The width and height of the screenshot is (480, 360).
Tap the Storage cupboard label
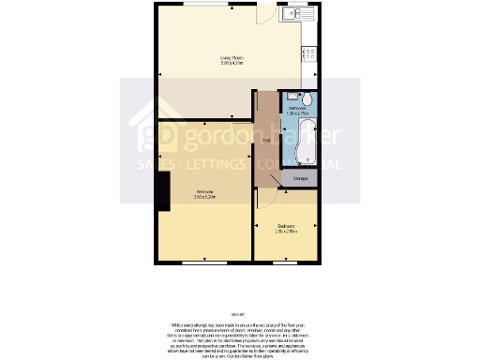(x=300, y=178)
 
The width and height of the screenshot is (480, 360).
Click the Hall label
(x=266, y=142)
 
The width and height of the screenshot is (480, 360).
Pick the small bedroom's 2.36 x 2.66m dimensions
(x=286, y=232)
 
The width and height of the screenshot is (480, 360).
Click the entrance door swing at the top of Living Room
(x=265, y=14)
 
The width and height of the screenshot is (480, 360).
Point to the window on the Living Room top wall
(x=206, y=6)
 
